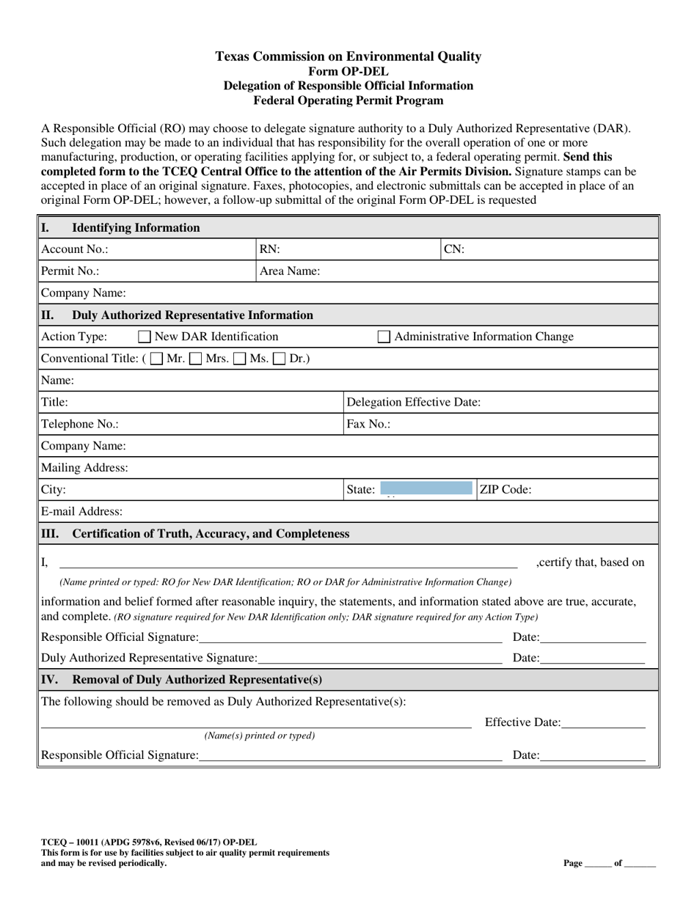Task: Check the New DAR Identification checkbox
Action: (145, 337)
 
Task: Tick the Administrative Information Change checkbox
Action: (384, 337)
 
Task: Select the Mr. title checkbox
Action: (156, 359)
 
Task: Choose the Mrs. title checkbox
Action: (196, 359)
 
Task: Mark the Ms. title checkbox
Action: (240, 359)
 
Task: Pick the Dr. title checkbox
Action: (280, 359)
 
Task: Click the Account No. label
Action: (75, 249)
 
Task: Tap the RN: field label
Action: (270, 249)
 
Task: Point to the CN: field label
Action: (454, 249)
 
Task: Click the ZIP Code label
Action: (506, 490)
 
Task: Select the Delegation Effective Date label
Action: (413, 402)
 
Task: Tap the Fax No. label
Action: (368, 424)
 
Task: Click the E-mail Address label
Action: (82, 511)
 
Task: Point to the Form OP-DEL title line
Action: (348, 71)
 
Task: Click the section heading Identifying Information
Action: (136, 227)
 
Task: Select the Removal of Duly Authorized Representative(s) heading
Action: (197, 679)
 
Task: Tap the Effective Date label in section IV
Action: (522, 723)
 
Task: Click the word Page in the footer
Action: (573, 863)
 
